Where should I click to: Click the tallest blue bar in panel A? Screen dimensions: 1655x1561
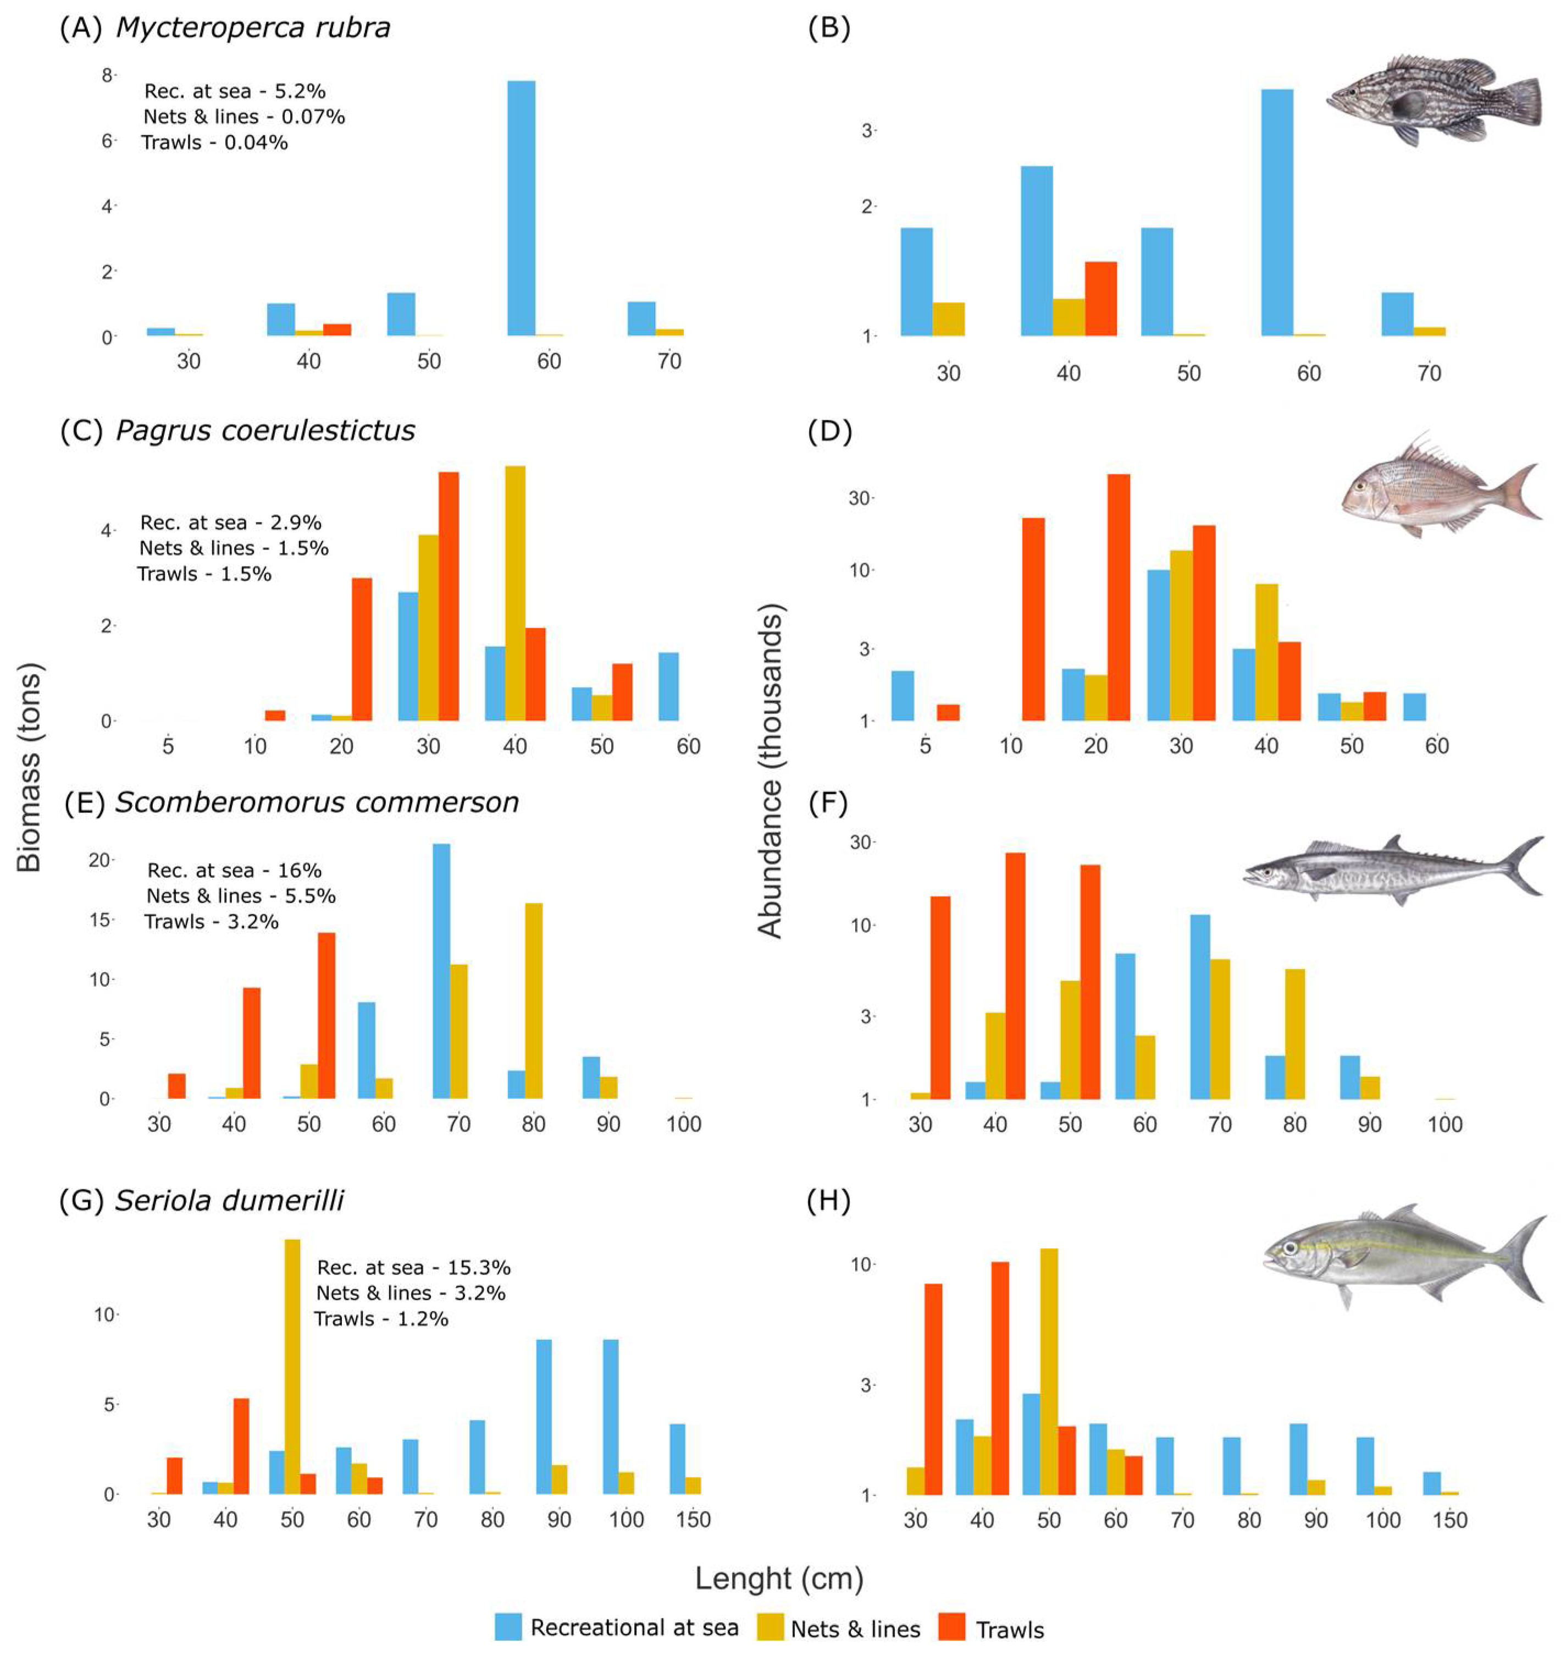point(521,208)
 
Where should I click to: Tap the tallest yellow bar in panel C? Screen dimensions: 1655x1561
point(514,593)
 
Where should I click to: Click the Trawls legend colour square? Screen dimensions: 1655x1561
point(952,1627)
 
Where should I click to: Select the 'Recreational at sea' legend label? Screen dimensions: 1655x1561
point(634,1627)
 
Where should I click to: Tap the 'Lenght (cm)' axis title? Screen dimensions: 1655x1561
point(779,1577)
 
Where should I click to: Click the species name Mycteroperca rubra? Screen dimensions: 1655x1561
point(253,28)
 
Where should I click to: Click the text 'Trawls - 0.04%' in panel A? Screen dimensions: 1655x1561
point(215,142)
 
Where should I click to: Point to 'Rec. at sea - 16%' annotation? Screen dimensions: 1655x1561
point(234,870)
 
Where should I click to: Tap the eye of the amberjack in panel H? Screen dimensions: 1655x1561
point(1289,1248)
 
